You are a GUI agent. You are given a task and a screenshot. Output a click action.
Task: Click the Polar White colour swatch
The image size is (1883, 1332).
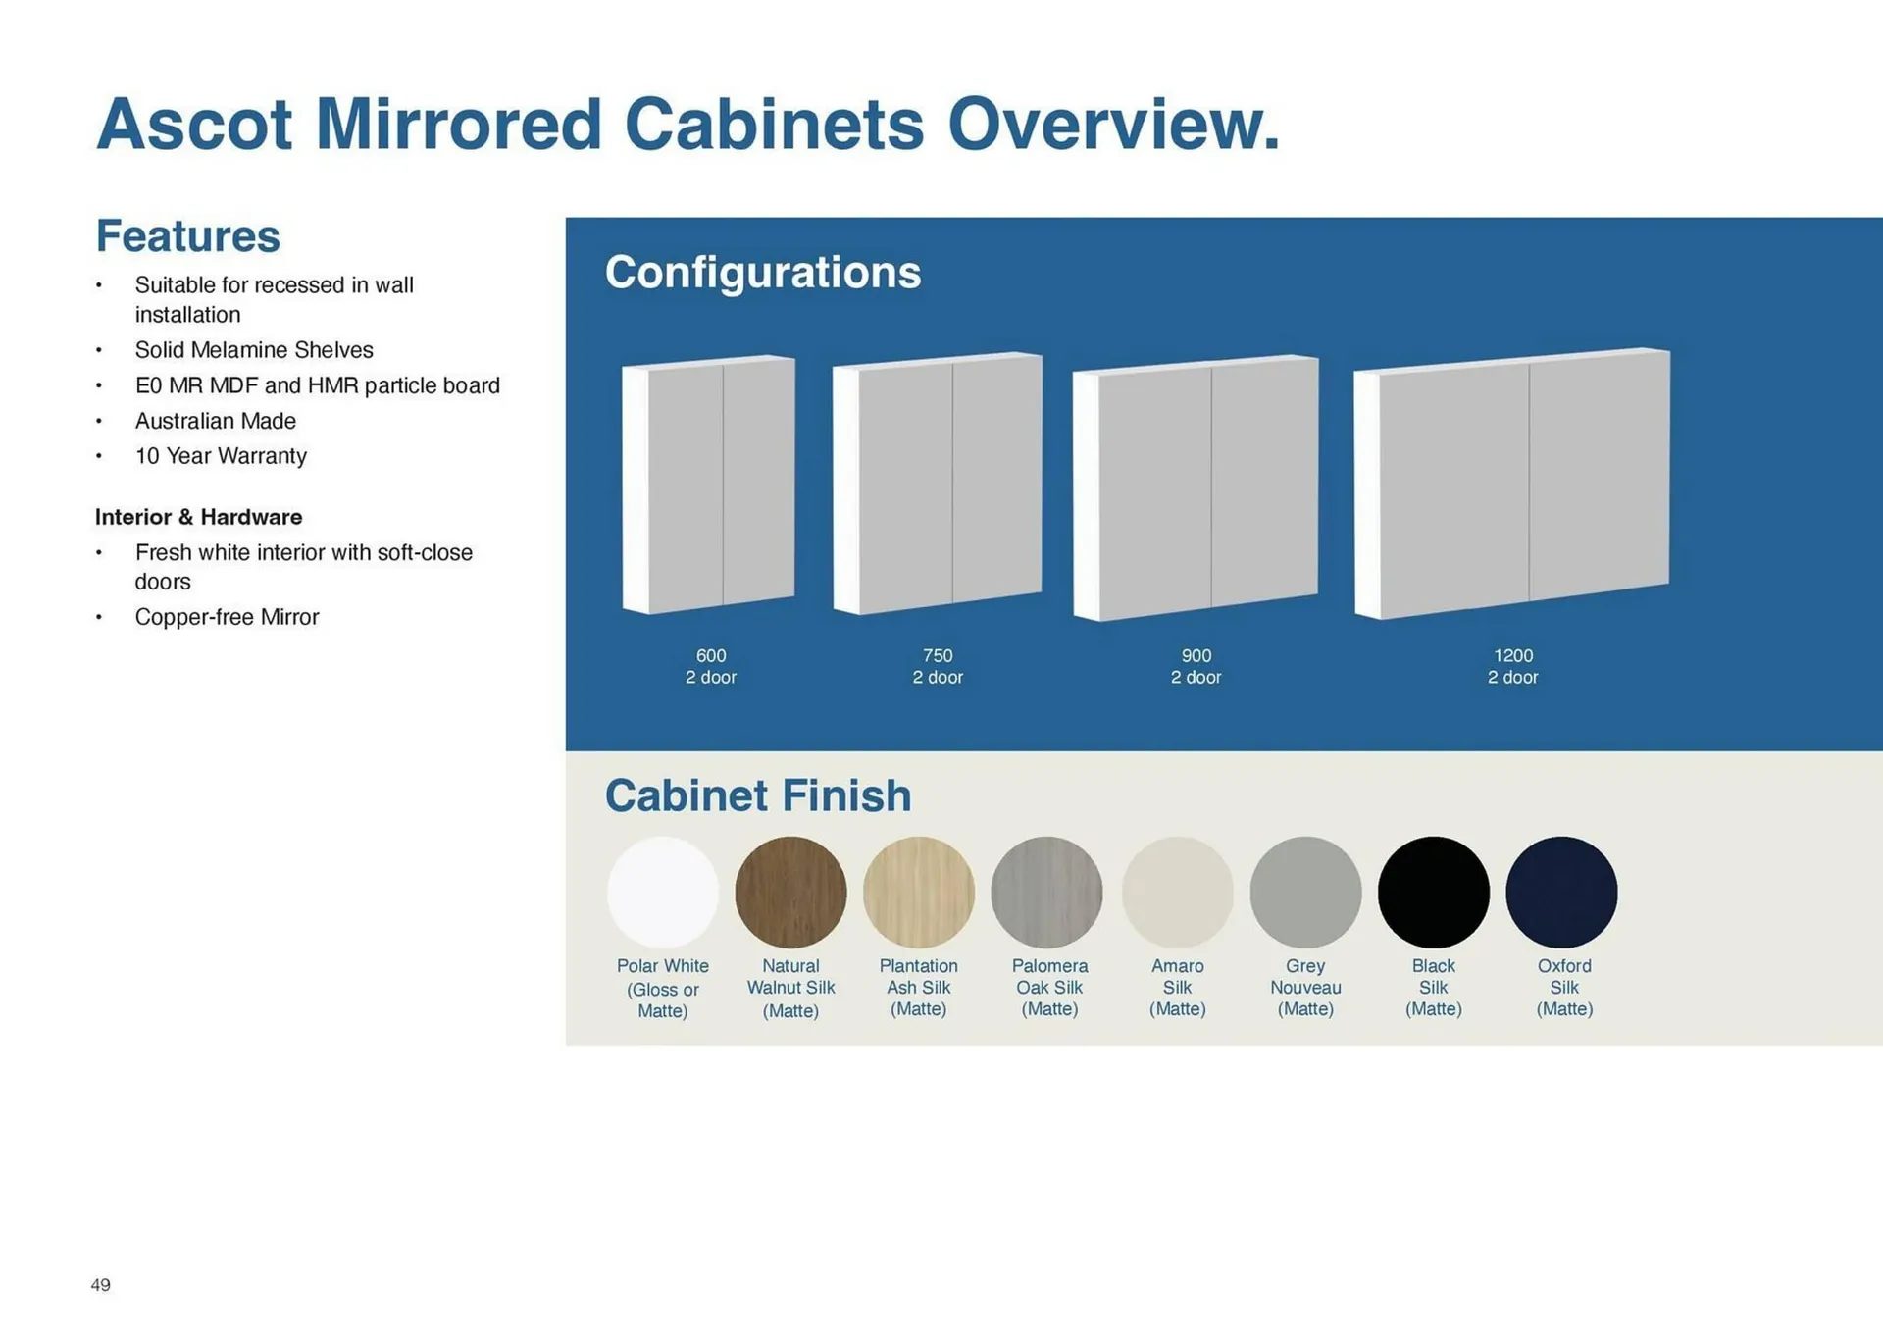click(663, 893)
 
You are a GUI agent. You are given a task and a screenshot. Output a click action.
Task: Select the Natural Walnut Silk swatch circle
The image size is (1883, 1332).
click(790, 893)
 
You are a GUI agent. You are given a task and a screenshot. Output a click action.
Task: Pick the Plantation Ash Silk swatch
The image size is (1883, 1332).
click(919, 893)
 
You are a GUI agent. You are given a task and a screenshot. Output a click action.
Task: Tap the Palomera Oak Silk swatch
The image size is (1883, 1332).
click(1046, 893)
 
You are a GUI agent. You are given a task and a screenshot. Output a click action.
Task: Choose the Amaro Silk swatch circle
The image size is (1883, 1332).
click(1177, 893)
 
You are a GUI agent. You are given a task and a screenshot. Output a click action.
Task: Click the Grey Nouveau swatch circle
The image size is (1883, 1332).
click(1305, 893)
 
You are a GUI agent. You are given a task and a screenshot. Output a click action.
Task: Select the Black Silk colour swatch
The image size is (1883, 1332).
click(1434, 893)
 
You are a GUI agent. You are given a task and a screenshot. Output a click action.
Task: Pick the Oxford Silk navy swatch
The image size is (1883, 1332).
click(1561, 893)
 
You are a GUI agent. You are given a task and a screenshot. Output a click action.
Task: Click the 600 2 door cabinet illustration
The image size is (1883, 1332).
click(708, 485)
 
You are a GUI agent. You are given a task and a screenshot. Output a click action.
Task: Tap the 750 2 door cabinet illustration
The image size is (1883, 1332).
click(938, 484)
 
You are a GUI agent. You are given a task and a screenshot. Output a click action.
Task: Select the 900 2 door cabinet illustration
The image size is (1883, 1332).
click(1196, 487)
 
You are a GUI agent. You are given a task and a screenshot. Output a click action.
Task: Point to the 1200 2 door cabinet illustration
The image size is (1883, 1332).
click(1511, 484)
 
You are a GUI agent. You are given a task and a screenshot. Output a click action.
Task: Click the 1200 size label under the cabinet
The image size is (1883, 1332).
click(1513, 655)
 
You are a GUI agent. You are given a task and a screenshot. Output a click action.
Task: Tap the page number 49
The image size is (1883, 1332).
click(100, 1285)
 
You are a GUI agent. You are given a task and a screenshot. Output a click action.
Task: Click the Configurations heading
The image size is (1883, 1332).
click(763, 273)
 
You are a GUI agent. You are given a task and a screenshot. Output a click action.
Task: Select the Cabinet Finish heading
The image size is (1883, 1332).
click(758, 795)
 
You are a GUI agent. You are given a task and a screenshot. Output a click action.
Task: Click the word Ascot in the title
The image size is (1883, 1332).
click(194, 125)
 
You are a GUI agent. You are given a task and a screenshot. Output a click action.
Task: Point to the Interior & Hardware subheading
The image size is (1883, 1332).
click(198, 517)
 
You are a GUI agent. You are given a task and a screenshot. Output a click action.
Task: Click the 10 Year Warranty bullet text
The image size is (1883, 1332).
click(221, 456)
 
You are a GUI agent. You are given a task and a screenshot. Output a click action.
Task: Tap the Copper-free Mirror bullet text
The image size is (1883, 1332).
click(227, 617)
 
